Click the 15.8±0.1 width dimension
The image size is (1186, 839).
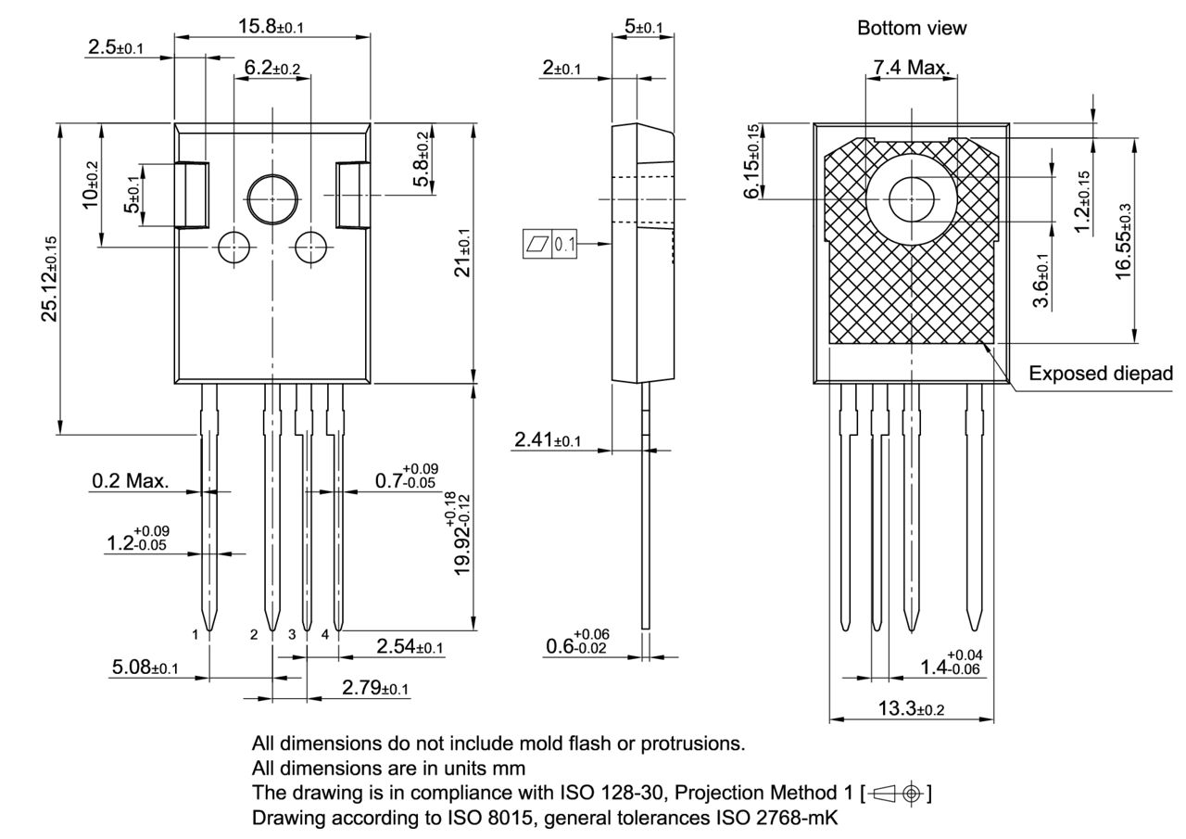(270, 26)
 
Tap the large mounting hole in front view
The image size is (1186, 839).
(272, 199)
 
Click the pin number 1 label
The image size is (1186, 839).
(196, 635)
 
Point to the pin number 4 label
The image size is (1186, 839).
(325, 635)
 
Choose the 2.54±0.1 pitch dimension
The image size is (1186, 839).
(410, 646)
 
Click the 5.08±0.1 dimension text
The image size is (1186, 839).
(145, 667)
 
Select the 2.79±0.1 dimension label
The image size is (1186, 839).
(375, 688)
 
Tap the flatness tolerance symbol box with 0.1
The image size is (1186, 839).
(550, 245)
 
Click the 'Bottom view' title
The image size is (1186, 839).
(912, 29)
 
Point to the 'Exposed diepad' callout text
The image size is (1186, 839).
(1101, 374)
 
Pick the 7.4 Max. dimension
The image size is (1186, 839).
(912, 67)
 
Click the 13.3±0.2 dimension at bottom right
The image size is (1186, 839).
(911, 708)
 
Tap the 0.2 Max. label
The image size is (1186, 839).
(131, 481)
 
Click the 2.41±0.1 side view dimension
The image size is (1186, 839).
(548, 439)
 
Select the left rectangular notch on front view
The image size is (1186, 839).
(192, 195)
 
